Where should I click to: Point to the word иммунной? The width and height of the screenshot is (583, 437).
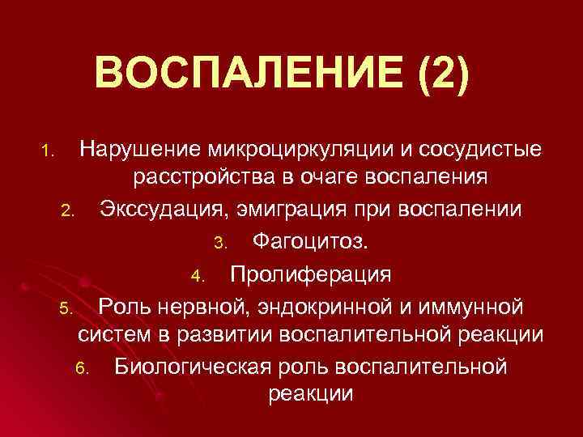482,307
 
